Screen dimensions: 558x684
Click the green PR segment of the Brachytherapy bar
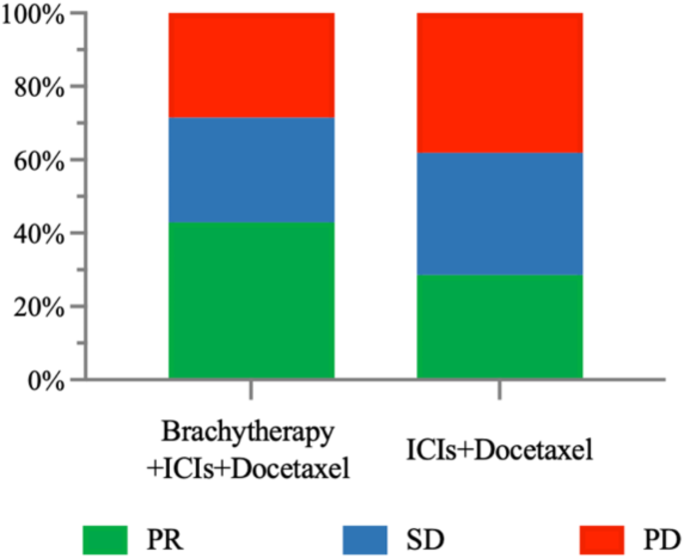[251, 300]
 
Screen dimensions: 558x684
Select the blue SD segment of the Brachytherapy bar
[251, 170]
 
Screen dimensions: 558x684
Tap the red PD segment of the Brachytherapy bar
[251, 65]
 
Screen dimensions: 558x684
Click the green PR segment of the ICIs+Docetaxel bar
[499, 326]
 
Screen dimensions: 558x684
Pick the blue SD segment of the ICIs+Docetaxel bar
[499, 214]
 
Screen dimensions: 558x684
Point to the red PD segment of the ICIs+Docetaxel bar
[499, 83]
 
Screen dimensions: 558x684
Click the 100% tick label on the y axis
[34, 15]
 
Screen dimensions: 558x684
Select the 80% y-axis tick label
[39, 88]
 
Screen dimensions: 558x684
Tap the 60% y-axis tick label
[39, 161]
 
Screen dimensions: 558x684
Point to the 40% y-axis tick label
[39, 235]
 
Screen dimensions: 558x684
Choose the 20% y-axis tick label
[39, 307]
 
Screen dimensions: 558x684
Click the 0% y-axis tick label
[45, 380]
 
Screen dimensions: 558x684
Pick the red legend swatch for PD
[594, 538]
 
